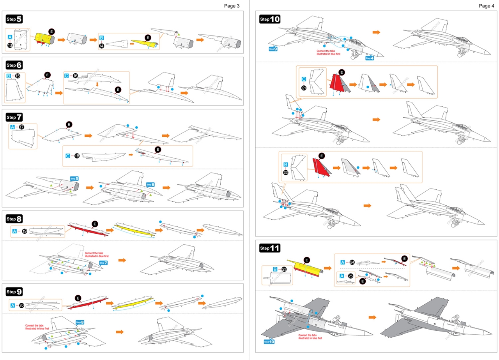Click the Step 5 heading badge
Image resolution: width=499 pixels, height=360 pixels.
pos(14,19)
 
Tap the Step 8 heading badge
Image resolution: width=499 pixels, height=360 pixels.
pos(14,219)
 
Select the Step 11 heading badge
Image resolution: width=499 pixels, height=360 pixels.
pos(270,248)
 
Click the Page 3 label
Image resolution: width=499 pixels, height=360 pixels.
pos(232,5)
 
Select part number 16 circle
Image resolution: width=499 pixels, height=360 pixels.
pos(76,76)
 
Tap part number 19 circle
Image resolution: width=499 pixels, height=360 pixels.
pos(24,231)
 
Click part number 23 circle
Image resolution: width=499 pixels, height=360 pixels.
pos(285,269)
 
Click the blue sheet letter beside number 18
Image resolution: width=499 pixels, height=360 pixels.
pos(68,156)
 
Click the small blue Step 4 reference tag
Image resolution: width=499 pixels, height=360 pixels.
pos(370,58)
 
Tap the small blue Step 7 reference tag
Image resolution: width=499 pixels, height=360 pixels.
pos(103,263)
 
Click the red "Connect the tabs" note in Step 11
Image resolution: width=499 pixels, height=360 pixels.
pos(310,337)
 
